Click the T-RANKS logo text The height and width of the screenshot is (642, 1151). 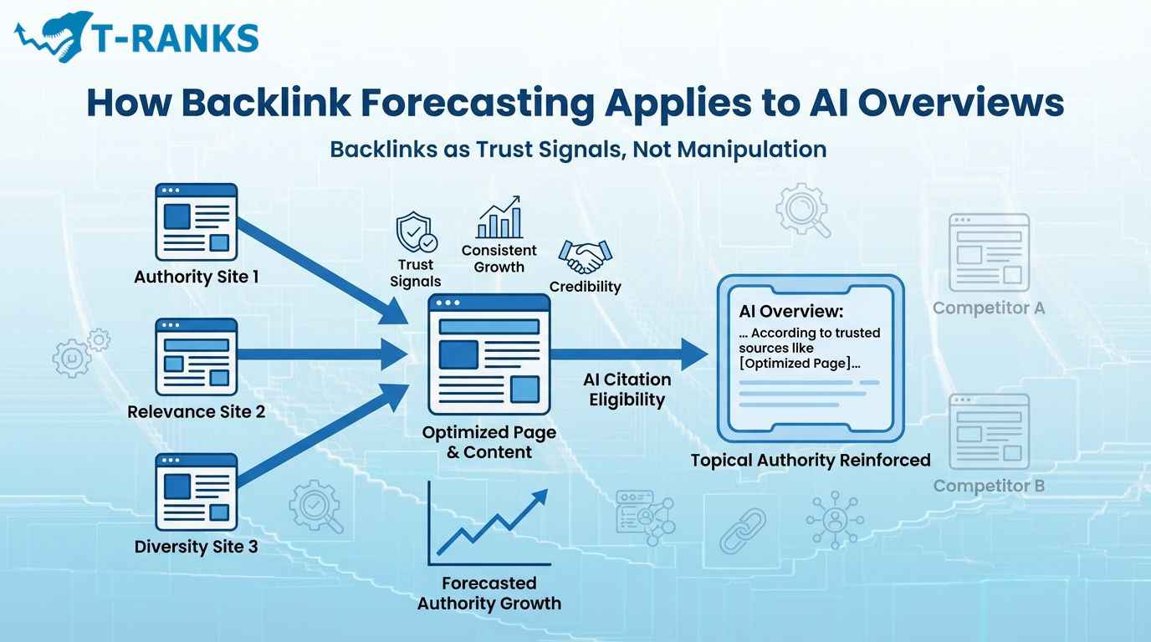[173, 38]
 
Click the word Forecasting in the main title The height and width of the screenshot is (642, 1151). [478, 103]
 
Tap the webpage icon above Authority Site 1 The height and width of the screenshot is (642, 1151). [197, 222]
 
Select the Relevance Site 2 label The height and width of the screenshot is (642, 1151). [197, 411]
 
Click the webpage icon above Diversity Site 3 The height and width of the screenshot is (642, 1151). [197, 493]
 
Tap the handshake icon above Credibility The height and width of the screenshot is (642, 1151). [586, 257]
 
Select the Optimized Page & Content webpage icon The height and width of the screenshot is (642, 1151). [489, 355]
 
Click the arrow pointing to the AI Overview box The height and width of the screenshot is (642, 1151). [627, 354]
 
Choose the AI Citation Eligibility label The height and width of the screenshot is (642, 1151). [627, 390]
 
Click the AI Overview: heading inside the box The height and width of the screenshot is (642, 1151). [791, 311]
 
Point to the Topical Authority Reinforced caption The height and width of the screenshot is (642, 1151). [811, 460]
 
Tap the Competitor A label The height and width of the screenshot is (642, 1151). [989, 308]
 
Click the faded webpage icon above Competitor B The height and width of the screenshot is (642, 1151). [988, 431]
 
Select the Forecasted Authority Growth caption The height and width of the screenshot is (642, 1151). [489, 594]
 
